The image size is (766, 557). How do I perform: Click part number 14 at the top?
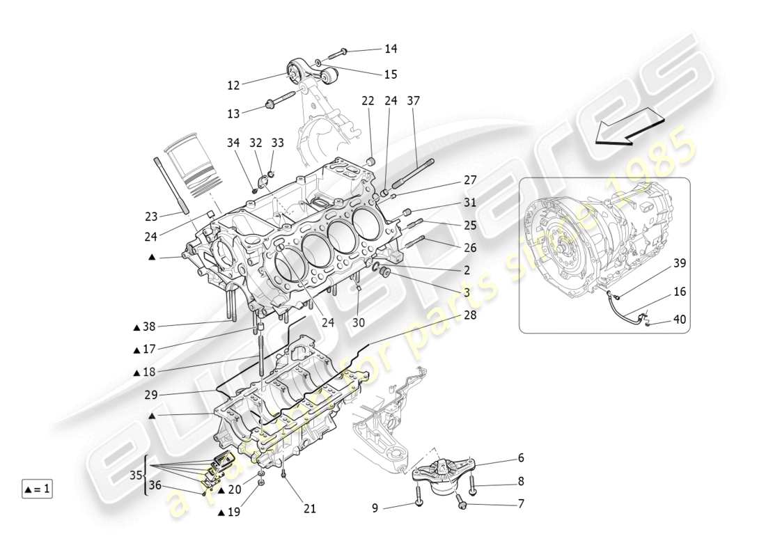pos(391,49)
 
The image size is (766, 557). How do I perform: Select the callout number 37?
pos(414,101)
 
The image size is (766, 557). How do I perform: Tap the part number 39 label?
pos(679,264)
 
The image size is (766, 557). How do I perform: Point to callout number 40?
pos(679,320)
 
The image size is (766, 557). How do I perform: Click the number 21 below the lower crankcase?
pos(309,509)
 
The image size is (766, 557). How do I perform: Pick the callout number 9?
pos(375,508)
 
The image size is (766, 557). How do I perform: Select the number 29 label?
pos(152,395)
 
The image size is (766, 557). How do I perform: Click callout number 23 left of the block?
pos(151,216)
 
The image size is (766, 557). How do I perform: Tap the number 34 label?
pos(233,143)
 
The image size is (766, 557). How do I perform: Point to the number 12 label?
pos(233,85)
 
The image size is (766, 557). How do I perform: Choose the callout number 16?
pos(679,292)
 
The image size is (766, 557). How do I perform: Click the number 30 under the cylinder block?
pos(358,322)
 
